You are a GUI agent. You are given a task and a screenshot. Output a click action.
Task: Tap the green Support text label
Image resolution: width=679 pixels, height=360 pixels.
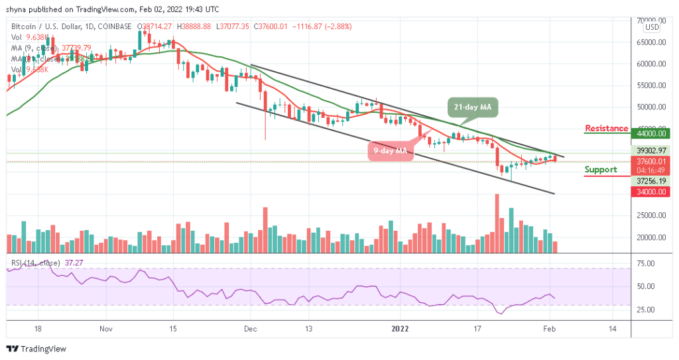[601, 170]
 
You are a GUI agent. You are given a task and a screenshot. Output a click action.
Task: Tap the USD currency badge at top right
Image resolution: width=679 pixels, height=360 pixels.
[652, 27]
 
